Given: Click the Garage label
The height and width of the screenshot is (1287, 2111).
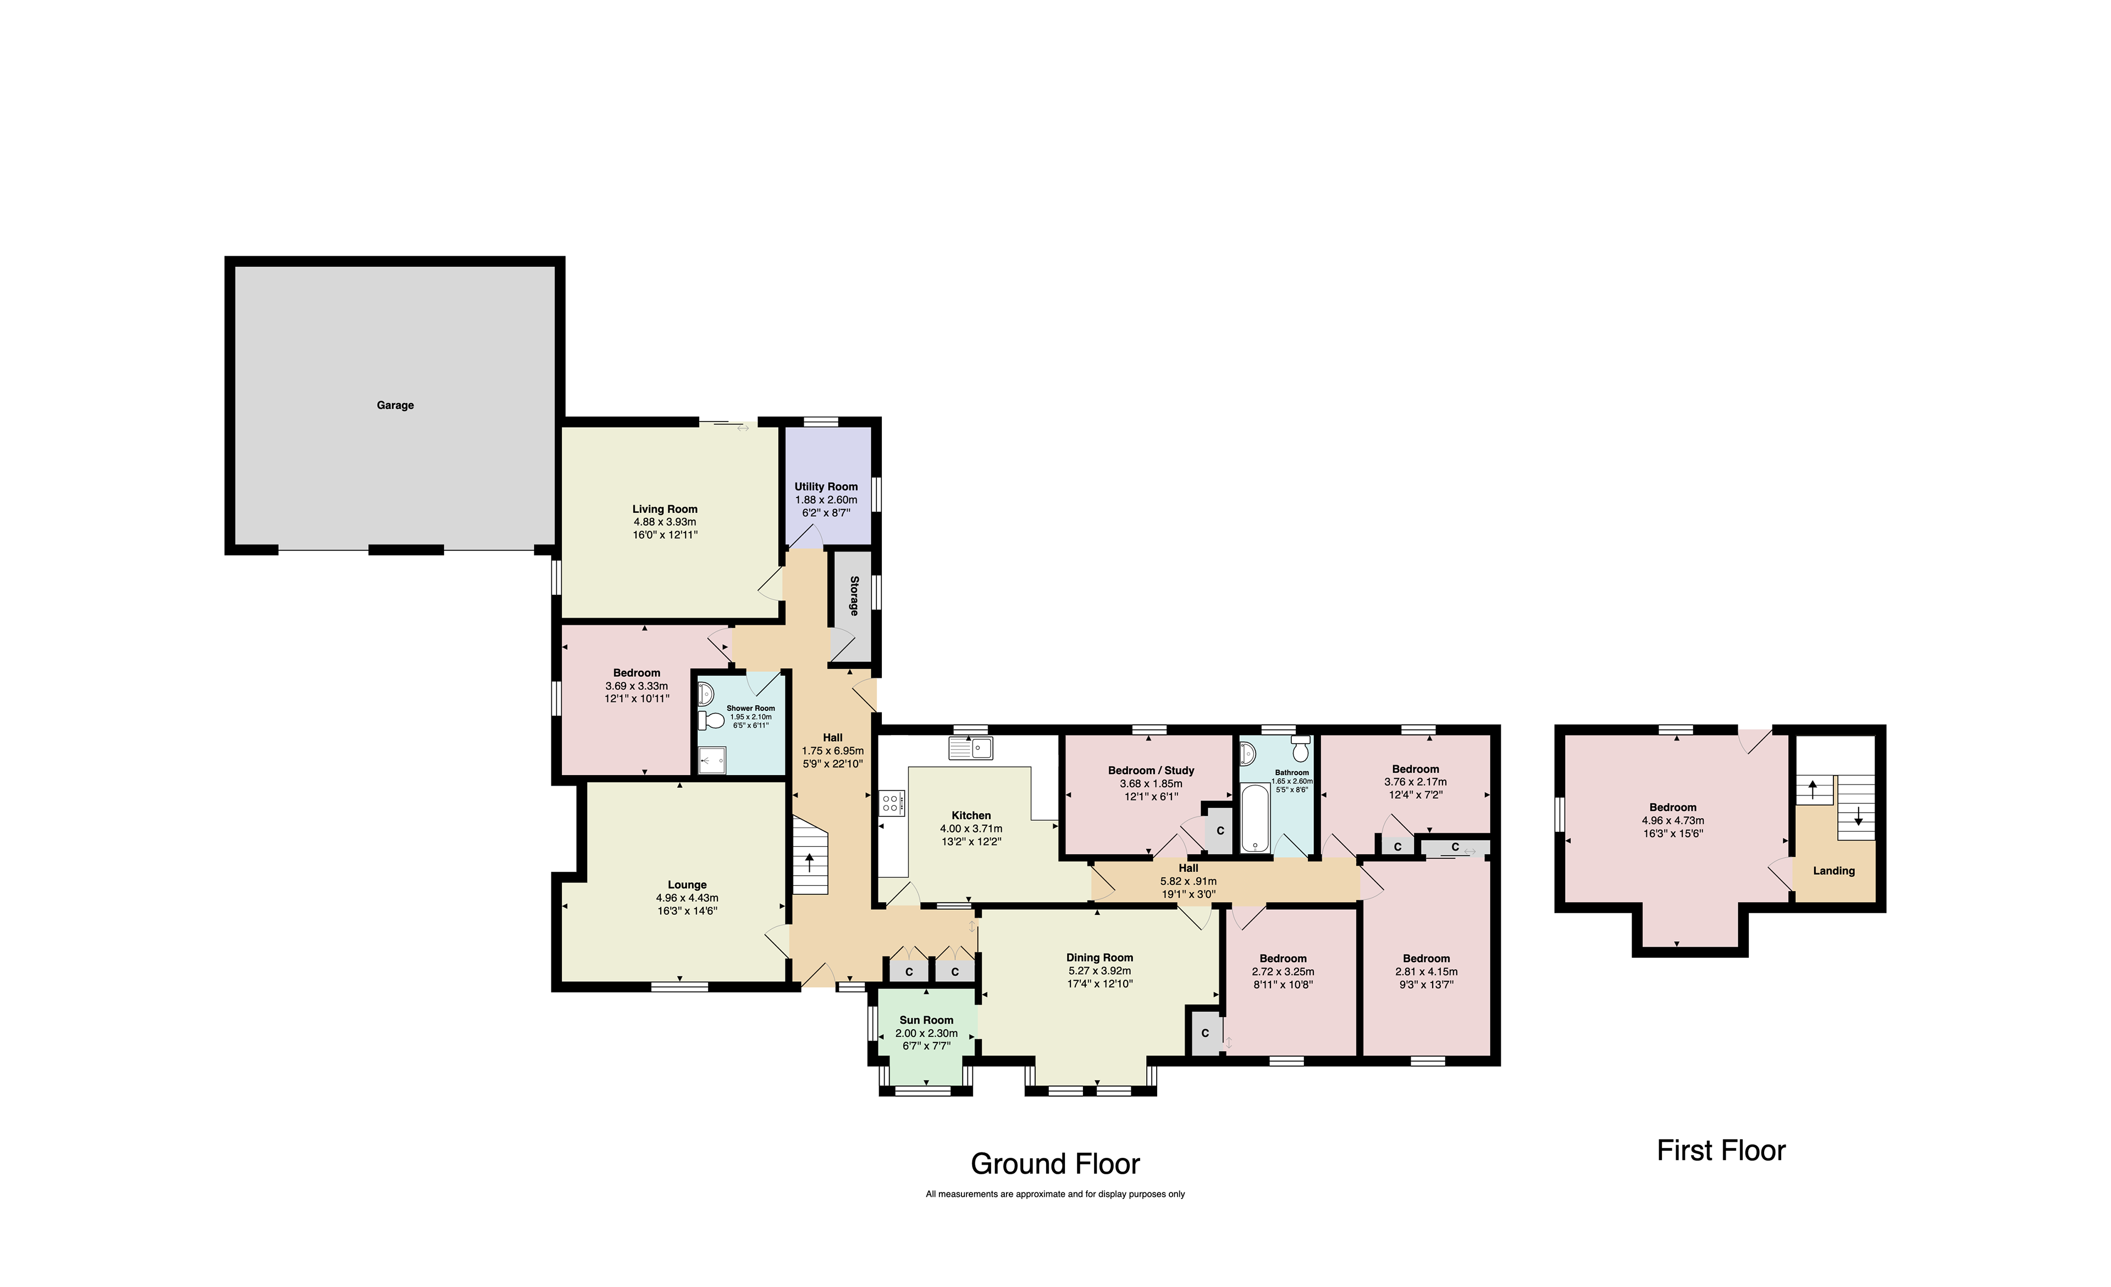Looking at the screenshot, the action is pyautogui.click(x=395, y=405).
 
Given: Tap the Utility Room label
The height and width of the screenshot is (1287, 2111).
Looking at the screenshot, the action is pyautogui.click(x=826, y=487).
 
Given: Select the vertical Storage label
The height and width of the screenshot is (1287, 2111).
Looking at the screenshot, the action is pyautogui.click(x=854, y=595).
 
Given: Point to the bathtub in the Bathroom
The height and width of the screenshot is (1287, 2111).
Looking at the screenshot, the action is pyautogui.click(x=1255, y=818).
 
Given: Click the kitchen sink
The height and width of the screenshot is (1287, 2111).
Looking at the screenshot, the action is pyautogui.click(x=971, y=748).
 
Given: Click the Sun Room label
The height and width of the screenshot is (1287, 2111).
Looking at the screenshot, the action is pyautogui.click(x=926, y=1020).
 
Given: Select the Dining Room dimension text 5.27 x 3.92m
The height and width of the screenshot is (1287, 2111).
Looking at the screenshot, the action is pyautogui.click(x=1100, y=971).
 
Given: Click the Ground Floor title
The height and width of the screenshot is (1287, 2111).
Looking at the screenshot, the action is pyautogui.click(x=1055, y=1164).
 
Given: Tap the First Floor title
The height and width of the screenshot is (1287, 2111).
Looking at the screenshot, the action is pyautogui.click(x=1721, y=1150).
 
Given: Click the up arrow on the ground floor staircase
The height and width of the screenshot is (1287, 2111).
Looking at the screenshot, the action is pyautogui.click(x=810, y=862).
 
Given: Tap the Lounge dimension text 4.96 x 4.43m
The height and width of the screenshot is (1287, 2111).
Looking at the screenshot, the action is pyautogui.click(x=687, y=898).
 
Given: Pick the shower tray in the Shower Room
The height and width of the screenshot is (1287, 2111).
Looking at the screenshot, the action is pyautogui.click(x=712, y=760).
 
